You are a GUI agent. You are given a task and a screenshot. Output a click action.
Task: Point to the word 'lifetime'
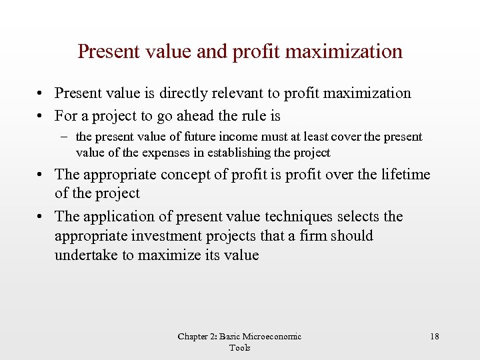403,175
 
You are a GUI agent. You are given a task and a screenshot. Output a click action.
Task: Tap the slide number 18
435,337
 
